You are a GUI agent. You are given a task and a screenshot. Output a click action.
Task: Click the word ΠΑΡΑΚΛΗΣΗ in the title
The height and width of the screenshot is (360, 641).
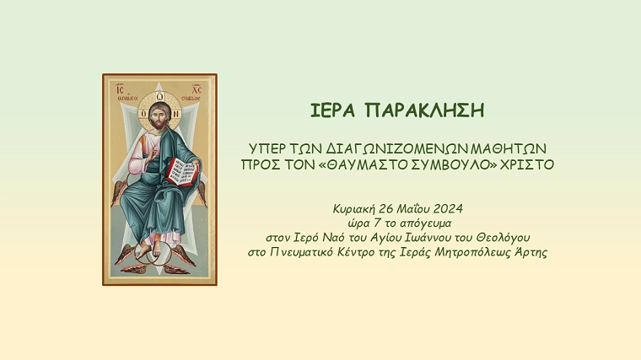point(425,110)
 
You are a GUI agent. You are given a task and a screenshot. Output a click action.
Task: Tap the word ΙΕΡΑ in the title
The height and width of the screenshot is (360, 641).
point(332,110)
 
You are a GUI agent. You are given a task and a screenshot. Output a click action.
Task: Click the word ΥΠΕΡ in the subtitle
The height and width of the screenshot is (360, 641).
point(267,148)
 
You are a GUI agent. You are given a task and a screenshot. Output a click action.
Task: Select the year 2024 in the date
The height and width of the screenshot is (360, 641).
point(448,209)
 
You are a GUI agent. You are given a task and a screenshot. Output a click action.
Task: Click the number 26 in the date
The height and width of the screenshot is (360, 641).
point(385,209)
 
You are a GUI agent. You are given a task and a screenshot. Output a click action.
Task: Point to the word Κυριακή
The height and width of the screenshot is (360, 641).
point(353,209)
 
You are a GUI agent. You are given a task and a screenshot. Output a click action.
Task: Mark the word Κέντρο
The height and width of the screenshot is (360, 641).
point(355,253)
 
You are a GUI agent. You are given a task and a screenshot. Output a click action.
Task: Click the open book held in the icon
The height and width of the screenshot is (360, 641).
point(183,172)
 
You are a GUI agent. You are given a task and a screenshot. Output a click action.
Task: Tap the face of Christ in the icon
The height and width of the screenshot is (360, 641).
point(158,116)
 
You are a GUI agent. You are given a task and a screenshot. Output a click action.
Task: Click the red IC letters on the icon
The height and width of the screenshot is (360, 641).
point(120,89)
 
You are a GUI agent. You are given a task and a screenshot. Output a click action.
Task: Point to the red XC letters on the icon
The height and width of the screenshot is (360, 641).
point(197,89)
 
